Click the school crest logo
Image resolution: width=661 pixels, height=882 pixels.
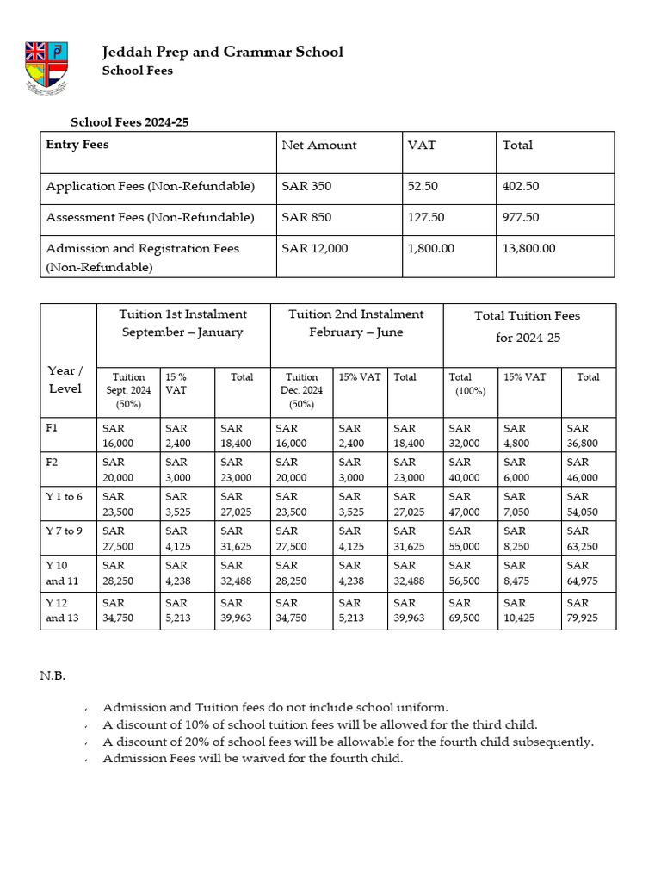pos(46,68)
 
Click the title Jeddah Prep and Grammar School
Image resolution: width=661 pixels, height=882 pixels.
pos(222,52)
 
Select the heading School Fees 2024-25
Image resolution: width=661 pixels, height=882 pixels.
pos(129,122)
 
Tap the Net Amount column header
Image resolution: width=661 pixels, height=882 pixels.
pos(318,146)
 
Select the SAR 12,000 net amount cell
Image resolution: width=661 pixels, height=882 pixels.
pos(314,248)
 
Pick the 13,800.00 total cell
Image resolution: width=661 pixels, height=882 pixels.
pos(528,248)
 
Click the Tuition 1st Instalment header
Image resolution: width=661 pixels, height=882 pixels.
pos(182,323)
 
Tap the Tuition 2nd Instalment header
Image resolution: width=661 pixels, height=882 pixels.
pos(355,323)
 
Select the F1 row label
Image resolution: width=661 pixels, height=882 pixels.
pos(53,428)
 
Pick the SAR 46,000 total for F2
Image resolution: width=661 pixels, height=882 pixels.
pos(581,469)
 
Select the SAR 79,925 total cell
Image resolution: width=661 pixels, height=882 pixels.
pos(581,610)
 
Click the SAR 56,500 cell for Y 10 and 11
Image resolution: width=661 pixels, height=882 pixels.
pos(465,573)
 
